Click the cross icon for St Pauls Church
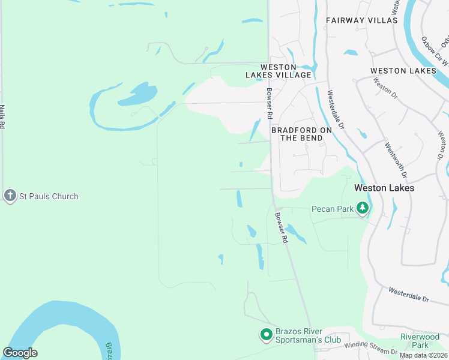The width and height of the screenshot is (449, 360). click(x=10, y=196)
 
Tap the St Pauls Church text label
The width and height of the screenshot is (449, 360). click(x=49, y=196)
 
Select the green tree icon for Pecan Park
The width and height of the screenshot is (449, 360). click(x=362, y=208)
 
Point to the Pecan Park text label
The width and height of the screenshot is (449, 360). click(x=331, y=209)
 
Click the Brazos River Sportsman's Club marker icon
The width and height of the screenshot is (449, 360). click(x=266, y=335)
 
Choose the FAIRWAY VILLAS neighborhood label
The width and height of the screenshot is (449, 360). click(x=361, y=20)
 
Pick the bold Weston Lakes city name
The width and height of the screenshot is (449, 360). click(x=384, y=188)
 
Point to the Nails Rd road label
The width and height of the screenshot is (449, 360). click(x=2, y=116)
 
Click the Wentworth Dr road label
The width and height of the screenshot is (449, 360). click(x=396, y=160)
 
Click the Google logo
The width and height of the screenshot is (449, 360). click(x=20, y=353)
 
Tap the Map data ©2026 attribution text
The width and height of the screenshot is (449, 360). click(x=423, y=355)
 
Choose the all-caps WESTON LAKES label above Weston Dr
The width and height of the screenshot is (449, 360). click(x=403, y=71)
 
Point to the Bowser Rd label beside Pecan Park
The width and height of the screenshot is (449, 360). click(x=282, y=227)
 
